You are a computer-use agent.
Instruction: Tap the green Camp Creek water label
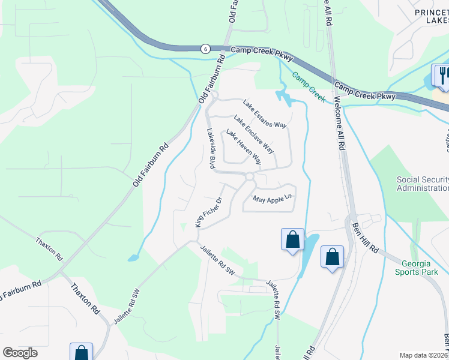pyautogui.click(x=309, y=87)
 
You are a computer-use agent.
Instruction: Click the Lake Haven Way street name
pyautogui.click(x=244, y=148)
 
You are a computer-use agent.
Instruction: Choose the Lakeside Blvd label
pyautogui.click(x=211, y=148)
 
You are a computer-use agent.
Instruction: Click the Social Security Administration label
pyautogui.click(x=423, y=184)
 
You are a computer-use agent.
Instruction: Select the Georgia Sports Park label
pyautogui.click(x=417, y=267)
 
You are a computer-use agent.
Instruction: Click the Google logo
pyautogui.click(x=20, y=353)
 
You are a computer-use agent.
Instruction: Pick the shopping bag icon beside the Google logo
pyautogui.click(x=81, y=353)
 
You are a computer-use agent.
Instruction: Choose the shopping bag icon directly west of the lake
pyautogui.click(x=292, y=240)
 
